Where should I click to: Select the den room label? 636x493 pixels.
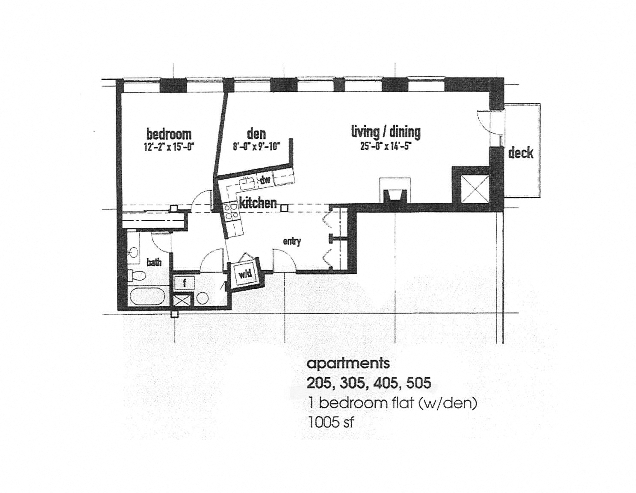tap(256, 134)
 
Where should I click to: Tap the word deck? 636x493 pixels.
tap(521, 153)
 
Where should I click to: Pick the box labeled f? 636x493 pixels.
tap(184, 283)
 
